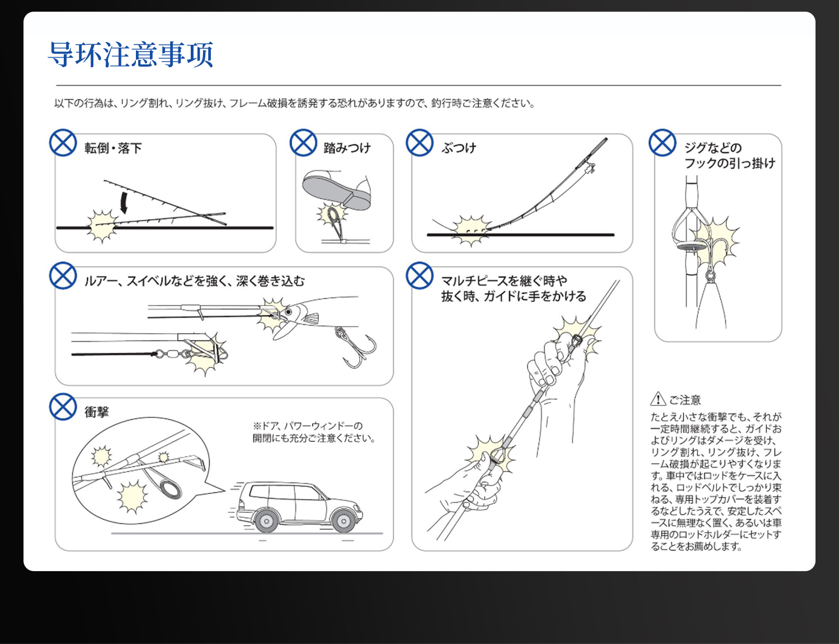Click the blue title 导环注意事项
point(130,55)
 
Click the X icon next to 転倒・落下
point(63,143)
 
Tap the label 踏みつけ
point(347,148)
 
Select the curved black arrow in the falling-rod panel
point(124,203)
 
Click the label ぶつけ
point(459,148)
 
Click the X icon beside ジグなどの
point(662,143)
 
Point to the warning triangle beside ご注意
point(658,399)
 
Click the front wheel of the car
point(343,521)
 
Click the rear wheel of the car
point(266,521)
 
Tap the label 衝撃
point(96,412)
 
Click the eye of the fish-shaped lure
point(288,312)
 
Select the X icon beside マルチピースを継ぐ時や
point(419,276)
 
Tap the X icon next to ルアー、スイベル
point(63,276)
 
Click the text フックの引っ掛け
point(729,163)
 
